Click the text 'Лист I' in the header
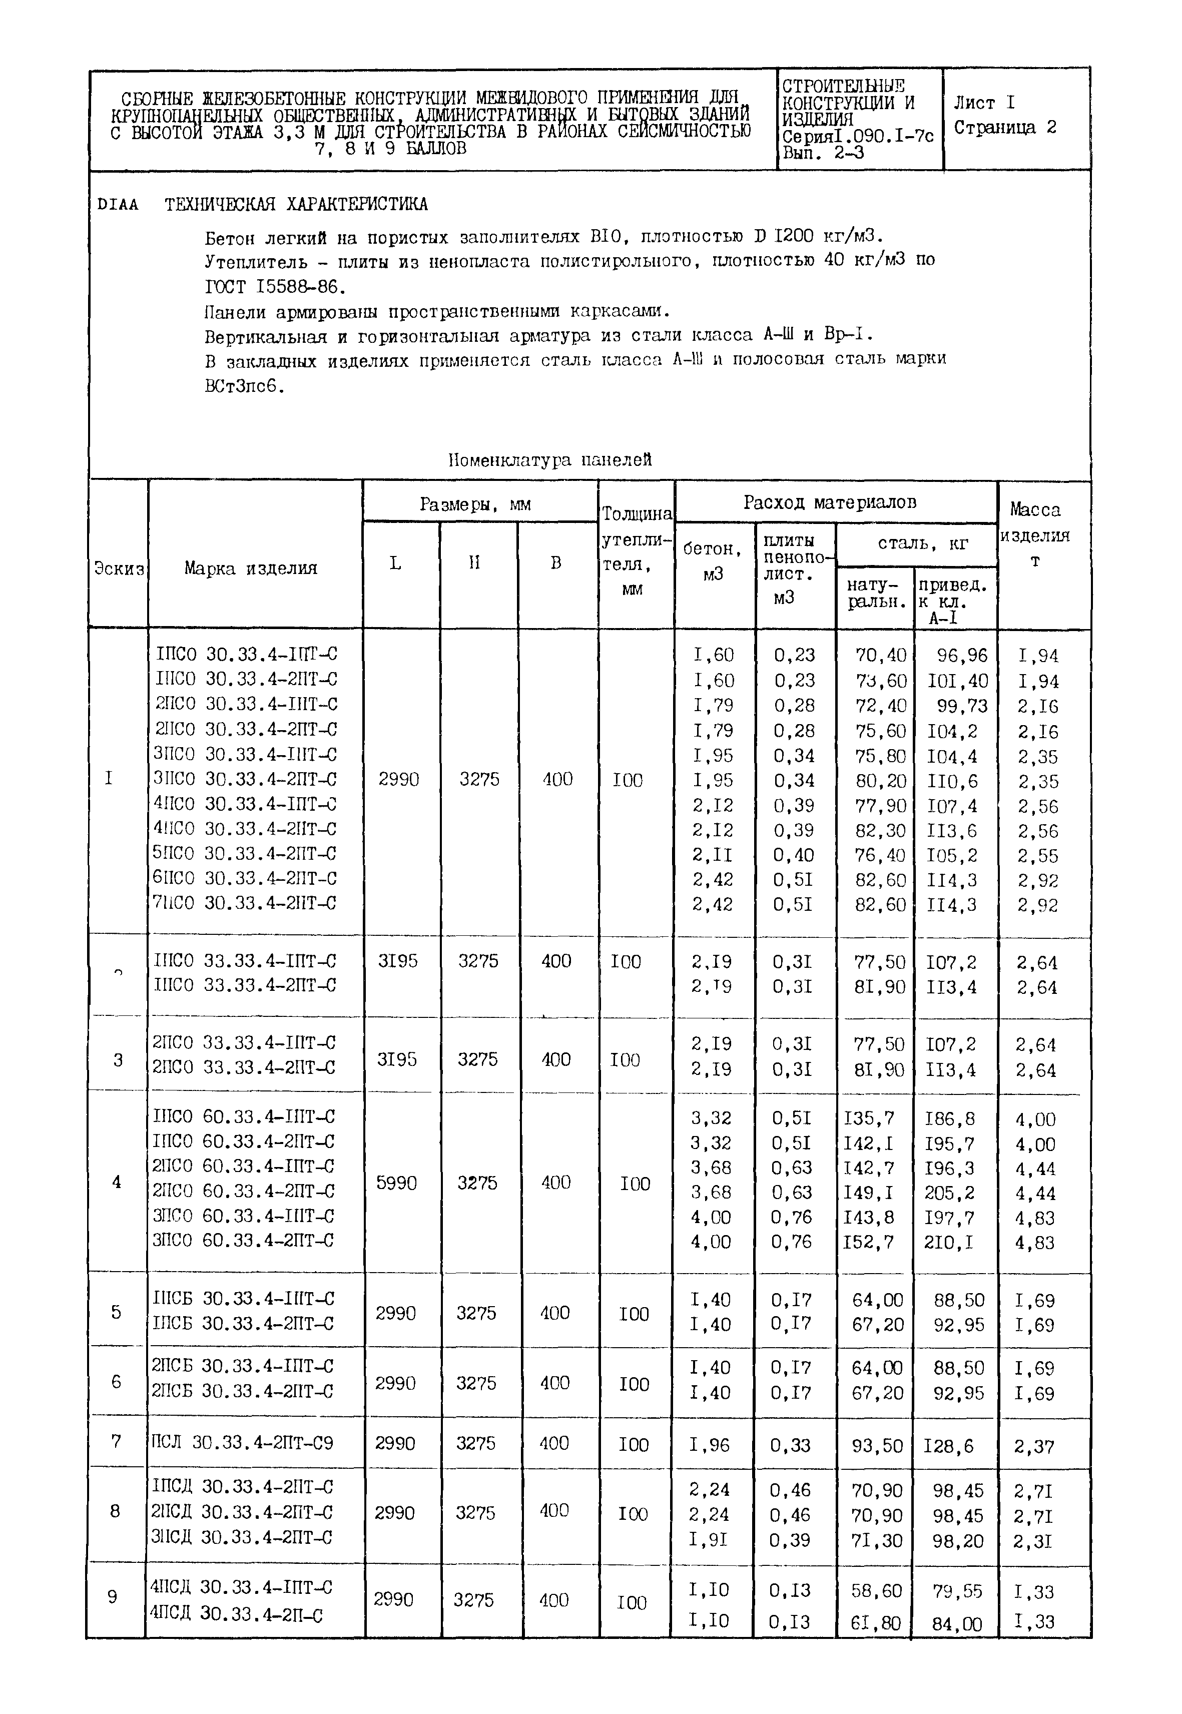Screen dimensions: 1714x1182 [x=984, y=103]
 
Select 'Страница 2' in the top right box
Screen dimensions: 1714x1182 [x=1004, y=128]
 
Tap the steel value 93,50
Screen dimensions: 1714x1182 [x=878, y=1445]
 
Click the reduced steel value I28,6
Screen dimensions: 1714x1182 [x=949, y=1445]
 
